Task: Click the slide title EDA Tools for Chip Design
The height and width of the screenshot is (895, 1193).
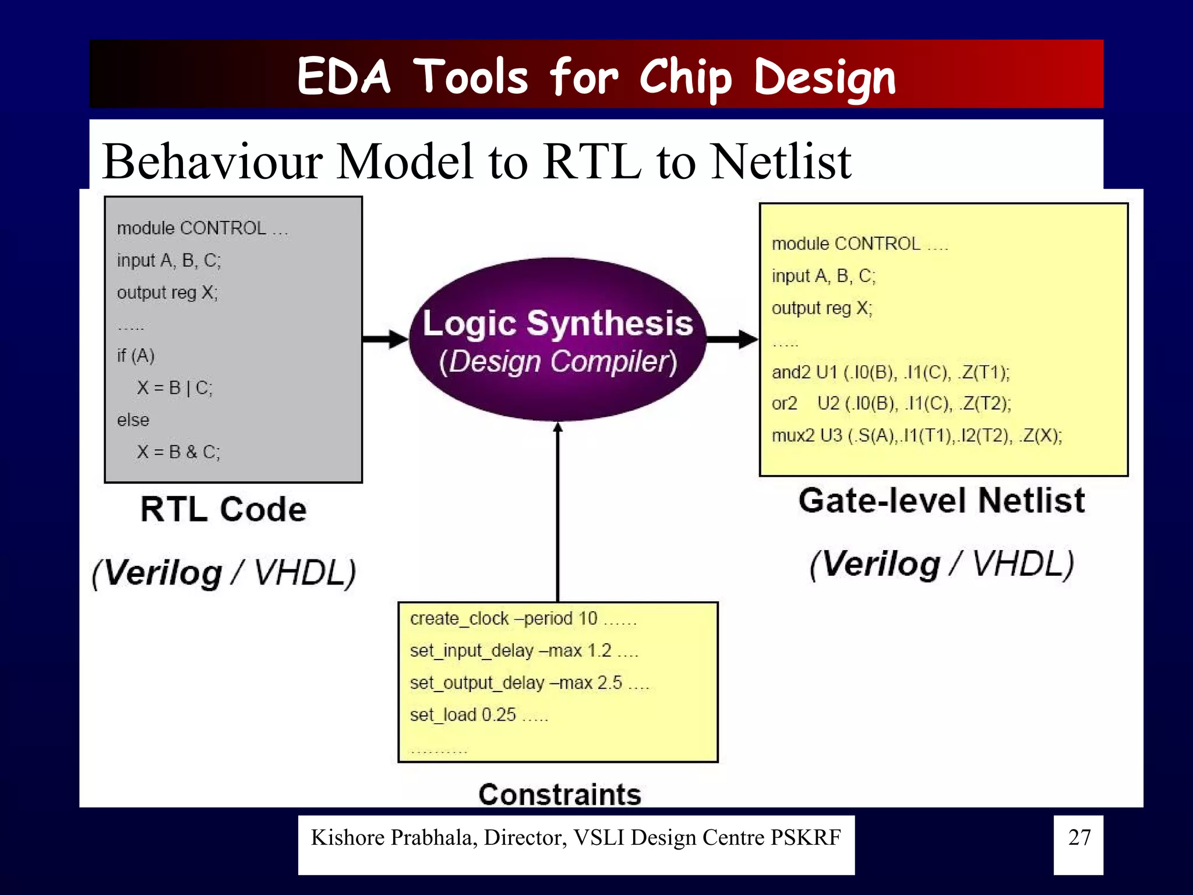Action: click(x=596, y=76)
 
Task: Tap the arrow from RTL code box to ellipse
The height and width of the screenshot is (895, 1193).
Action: click(x=384, y=339)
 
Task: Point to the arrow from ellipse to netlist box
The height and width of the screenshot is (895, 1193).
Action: click(x=732, y=339)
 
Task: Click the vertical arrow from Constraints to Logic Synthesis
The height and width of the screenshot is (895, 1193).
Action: click(x=557, y=513)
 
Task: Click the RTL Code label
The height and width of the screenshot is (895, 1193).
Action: click(x=223, y=509)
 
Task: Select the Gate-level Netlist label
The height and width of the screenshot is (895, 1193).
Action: click(x=941, y=501)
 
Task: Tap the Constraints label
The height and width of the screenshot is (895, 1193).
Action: click(x=559, y=794)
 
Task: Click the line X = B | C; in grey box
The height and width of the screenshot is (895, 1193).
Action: click(x=175, y=388)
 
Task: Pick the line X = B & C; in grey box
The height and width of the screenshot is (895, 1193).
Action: click(x=178, y=452)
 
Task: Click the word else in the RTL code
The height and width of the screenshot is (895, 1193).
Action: click(x=133, y=420)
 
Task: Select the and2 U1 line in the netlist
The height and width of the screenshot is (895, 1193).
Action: click(x=890, y=372)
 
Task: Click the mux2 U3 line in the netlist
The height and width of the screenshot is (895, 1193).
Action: click(x=916, y=436)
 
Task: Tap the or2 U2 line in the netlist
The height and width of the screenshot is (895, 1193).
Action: click(x=891, y=404)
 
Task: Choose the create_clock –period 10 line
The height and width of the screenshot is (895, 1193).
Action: click(x=523, y=619)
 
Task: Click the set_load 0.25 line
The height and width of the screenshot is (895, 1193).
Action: click(x=478, y=715)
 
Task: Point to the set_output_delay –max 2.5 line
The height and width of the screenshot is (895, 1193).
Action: click(x=528, y=683)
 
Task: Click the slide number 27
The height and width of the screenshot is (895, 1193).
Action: click(x=1078, y=838)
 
